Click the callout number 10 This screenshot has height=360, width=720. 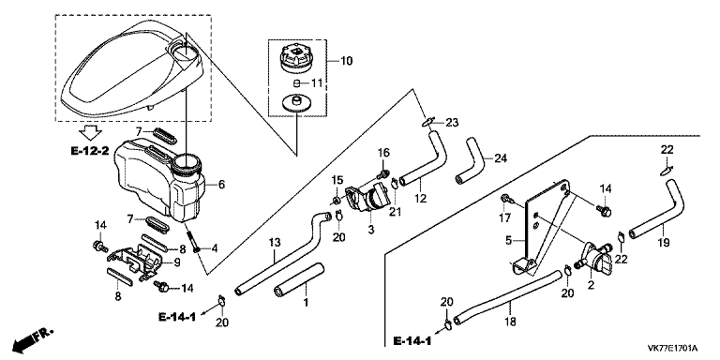[347, 61]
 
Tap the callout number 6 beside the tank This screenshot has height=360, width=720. [221, 185]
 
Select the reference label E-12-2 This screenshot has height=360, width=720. [90, 150]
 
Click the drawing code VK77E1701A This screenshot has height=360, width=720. [672, 347]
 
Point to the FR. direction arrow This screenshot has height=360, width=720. [33, 338]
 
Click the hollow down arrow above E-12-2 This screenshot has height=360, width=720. [90, 133]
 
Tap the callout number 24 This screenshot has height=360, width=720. [501, 158]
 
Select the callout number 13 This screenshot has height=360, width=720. [274, 242]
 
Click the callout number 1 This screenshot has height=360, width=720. [306, 303]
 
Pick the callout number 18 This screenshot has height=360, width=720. [510, 322]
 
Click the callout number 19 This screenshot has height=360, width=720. [665, 242]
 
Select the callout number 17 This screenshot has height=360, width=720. [504, 218]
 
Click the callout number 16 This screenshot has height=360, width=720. [383, 153]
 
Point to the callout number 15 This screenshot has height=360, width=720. [337, 180]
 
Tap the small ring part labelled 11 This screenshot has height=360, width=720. [296, 83]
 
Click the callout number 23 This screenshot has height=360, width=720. [452, 123]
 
